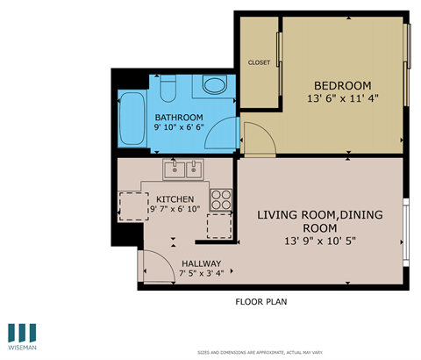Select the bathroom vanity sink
[212, 85]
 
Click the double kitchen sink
[183, 169]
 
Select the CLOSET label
[259, 62]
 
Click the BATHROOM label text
[179, 118]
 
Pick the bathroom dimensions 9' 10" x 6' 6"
[179, 130]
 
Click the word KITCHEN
[175, 198]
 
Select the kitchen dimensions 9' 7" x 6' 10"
[175, 210]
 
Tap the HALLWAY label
[201, 264]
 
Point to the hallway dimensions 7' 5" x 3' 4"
[201, 275]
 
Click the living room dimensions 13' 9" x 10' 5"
[319, 241]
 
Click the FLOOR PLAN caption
[260, 302]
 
